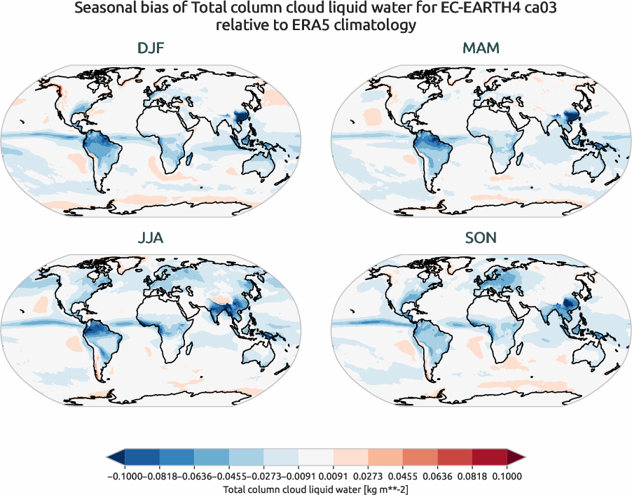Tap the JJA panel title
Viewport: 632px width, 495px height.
[x=151, y=238]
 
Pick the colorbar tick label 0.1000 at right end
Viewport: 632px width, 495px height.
[x=507, y=476]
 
